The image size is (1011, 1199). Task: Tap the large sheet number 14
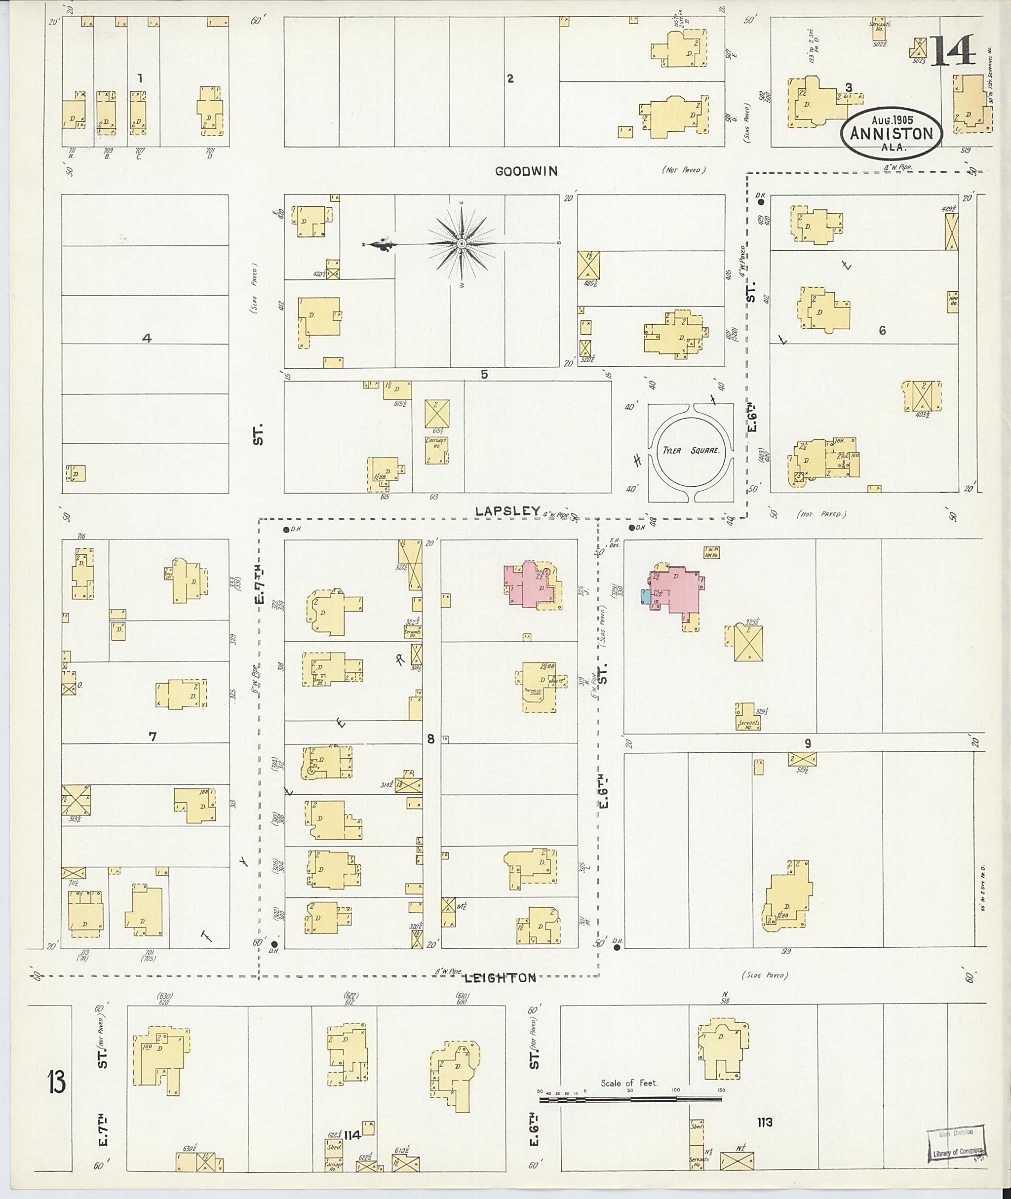[x=953, y=50]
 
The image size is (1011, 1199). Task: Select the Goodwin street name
[x=526, y=171]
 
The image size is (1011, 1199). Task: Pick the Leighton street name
[x=500, y=978]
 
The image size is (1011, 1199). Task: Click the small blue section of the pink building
[x=645, y=597]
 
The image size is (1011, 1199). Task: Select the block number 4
[x=147, y=338]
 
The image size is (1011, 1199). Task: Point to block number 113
[x=764, y=1122]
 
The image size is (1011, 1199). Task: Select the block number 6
[x=882, y=330]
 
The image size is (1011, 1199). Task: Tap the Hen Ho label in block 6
[x=953, y=299]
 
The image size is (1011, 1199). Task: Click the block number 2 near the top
[x=510, y=78]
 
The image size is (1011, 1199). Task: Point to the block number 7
[x=153, y=736]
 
